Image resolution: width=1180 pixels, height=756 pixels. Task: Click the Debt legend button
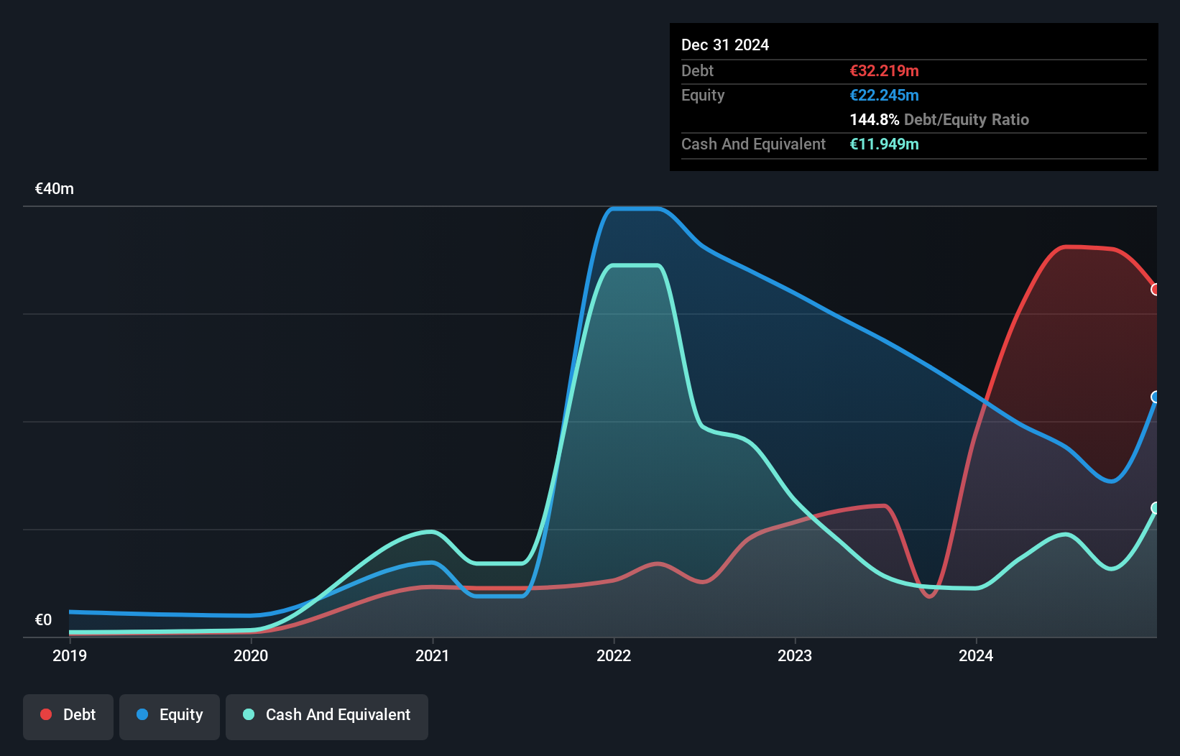[68, 716]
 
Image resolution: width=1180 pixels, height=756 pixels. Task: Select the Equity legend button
[170, 716]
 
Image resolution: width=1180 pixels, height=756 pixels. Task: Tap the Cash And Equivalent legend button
[327, 716]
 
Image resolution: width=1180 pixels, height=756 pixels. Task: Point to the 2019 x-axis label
[70, 655]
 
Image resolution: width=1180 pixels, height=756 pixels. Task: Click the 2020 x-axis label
[251, 655]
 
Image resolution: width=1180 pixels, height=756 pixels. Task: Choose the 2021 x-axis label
[433, 655]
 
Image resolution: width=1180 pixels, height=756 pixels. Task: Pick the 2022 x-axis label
[614, 655]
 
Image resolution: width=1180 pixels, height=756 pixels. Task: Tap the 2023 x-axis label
[795, 655]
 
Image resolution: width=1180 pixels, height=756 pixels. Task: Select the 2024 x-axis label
[976, 655]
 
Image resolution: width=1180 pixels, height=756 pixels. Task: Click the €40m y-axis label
[55, 189]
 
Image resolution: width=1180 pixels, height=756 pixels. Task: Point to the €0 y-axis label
[43, 619]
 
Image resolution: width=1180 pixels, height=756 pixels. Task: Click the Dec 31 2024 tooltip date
[725, 45]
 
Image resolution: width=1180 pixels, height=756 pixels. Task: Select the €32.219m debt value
[884, 71]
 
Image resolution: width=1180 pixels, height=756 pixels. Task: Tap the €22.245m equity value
[884, 96]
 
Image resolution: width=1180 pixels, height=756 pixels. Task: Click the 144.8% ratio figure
[874, 120]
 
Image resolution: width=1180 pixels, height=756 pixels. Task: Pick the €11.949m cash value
[884, 144]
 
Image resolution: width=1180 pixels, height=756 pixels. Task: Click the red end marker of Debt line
[1156, 290]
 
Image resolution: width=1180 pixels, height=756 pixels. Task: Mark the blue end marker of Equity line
[1156, 397]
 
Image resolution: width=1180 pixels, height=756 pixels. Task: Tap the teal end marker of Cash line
[1156, 508]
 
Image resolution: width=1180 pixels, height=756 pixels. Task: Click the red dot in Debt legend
[46, 714]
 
